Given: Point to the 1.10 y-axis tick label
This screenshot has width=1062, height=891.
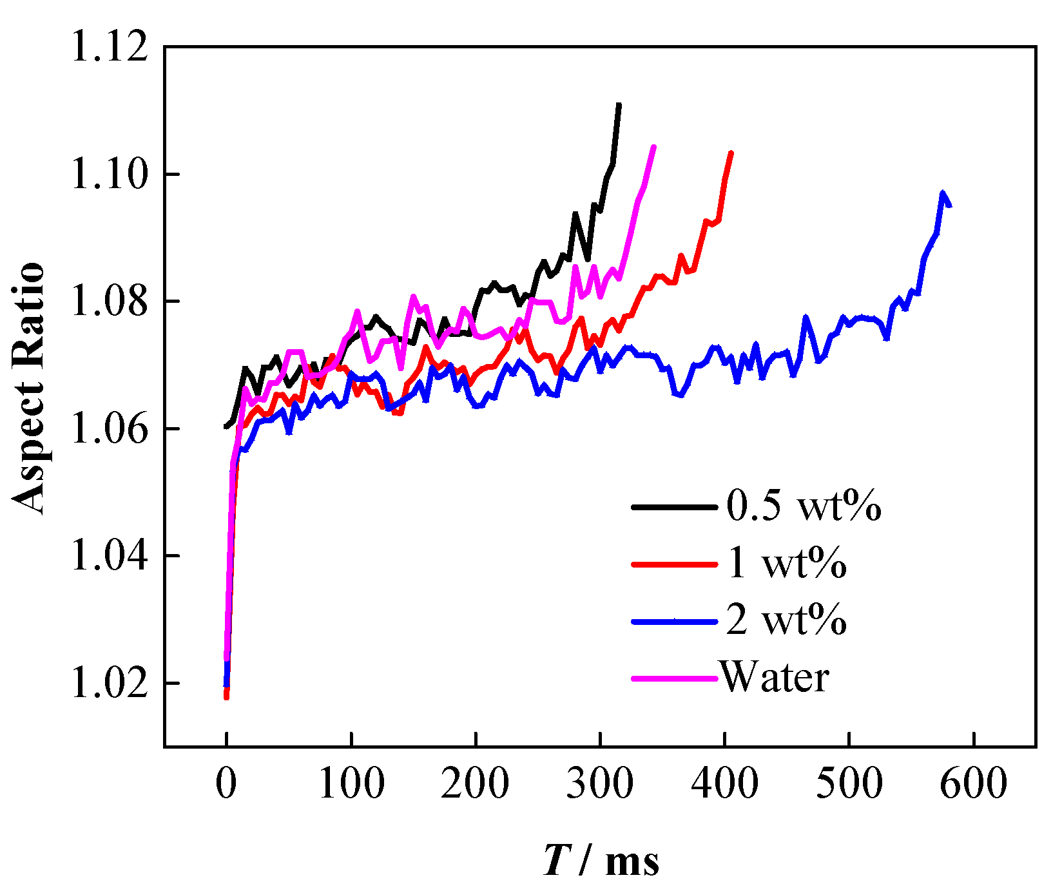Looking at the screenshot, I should click(x=109, y=175).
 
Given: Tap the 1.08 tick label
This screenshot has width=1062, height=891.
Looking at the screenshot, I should click(x=109, y=302).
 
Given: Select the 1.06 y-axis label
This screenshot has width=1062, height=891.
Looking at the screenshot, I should click(x=109, y=428).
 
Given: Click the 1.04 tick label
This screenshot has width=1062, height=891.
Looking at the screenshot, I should click(x=109, y=555).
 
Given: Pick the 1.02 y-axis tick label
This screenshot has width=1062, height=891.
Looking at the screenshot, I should click(x=109, y=683).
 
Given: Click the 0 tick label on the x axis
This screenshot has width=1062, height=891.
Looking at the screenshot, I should click(x=226, y=784).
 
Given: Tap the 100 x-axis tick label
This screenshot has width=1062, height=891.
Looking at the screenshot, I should click(x=351, y=784).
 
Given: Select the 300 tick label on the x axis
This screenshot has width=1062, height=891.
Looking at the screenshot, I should click(x=600, y=784).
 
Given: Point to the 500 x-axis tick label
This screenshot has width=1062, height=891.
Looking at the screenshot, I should click(x=849, y=784).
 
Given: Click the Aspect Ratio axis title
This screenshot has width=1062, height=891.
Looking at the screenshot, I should click(x=29, y=388).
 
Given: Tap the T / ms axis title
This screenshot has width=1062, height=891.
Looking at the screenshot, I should click(x=601, y=861).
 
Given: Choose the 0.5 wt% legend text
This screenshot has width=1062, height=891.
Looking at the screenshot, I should click(x=804, y=506).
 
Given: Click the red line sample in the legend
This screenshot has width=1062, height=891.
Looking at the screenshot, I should click(x=674, y=564).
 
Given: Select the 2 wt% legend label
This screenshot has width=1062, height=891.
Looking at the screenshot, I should click(x=786, y=620).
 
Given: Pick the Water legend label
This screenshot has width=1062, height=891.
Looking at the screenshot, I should click(x=775, y=678).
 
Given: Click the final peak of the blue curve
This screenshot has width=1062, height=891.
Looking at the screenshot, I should click(x=943, y=193).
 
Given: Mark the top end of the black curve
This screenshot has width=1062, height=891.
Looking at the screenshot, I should click(x=619, y=105).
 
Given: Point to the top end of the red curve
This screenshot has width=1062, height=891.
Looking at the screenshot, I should click(x=731, y=153).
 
